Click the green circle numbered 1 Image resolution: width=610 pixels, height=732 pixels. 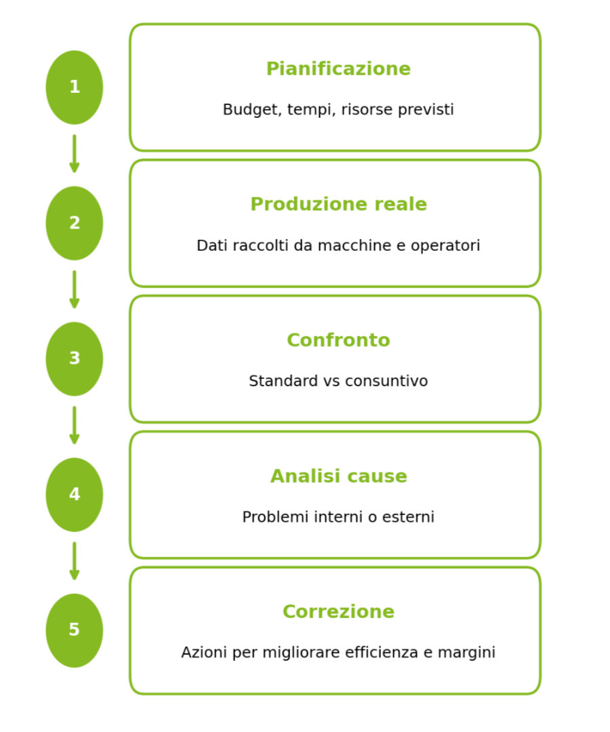click(75, 87)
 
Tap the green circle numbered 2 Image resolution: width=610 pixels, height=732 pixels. click(75, 223)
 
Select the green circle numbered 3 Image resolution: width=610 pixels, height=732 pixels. click(75, 359)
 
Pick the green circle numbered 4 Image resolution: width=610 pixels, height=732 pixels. click(75, 495)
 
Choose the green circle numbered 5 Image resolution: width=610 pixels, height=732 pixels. click(75, 630)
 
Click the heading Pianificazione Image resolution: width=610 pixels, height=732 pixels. click(338, 69)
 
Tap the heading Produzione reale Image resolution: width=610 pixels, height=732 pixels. click(338, 205)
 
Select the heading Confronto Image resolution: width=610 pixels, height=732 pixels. click(338, 340)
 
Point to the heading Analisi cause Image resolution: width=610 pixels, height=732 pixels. click(338, 476)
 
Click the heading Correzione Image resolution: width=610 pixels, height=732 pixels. click(338, 612)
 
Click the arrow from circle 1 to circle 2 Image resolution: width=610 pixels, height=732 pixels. click(75, 154)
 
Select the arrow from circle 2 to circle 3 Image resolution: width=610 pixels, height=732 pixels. click(75, 289)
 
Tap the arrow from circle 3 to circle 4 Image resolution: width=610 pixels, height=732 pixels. click(75, 425)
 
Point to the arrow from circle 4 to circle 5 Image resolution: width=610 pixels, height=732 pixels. click(75, 561)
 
